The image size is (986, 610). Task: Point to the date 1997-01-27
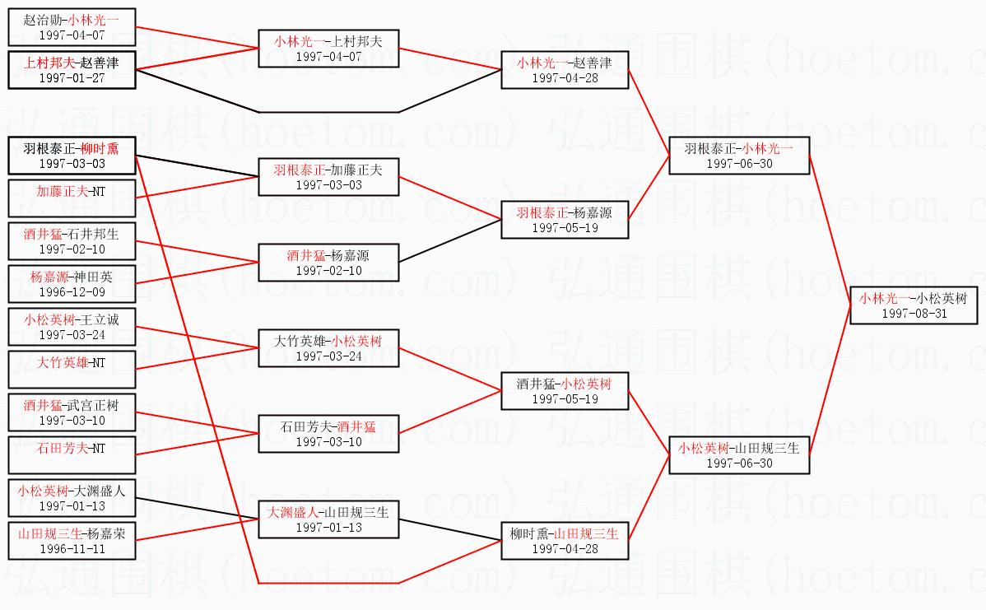[71, 78]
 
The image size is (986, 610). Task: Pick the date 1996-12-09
[71, 292]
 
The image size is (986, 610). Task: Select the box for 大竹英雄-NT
[71, 369]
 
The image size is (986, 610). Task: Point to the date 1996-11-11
[71, 548]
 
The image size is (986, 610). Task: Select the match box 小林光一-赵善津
[565, 70]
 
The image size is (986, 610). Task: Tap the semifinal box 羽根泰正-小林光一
[738, 156]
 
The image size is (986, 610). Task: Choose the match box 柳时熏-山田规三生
[565, 541]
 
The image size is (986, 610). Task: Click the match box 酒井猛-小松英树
[565, 391]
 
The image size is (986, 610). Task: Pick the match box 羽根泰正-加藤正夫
[328, 177]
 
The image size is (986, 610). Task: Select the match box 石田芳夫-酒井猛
[328, 434]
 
